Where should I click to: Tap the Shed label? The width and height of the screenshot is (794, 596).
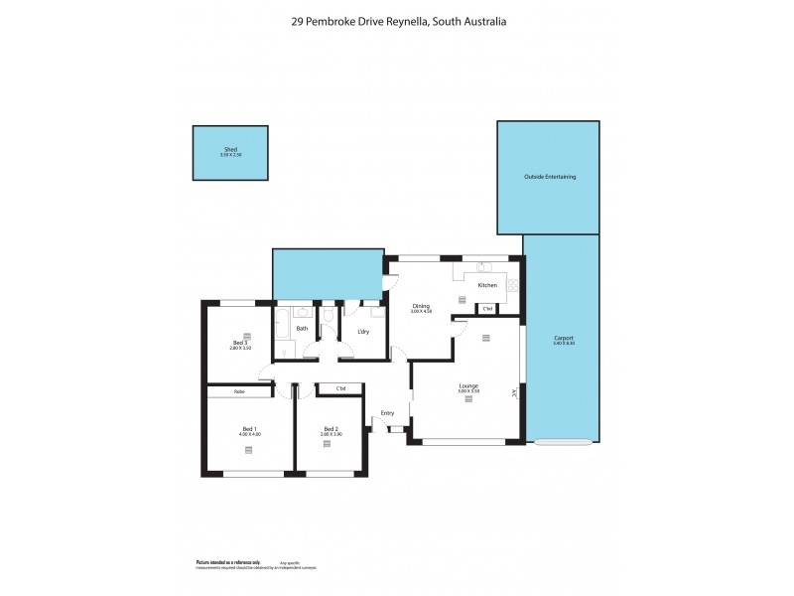(230, 150)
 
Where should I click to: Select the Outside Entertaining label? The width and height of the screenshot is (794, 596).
(549, 177)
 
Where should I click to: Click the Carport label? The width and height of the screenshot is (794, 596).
(563, 339)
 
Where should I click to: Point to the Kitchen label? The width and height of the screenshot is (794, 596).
(487, 285)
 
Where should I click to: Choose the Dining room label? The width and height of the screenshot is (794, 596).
(422, 306)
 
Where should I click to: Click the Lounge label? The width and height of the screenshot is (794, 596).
(468, 385)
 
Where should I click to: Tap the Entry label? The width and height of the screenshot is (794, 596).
(387, 413)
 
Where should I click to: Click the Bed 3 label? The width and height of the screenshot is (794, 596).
(239, 343)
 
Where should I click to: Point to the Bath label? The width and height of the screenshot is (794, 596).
(302, 328)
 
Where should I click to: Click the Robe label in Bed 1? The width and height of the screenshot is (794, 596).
(239, 391)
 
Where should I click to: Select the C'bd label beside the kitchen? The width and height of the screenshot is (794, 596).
(487, 309)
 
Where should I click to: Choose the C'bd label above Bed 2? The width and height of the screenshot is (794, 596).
(340, 387)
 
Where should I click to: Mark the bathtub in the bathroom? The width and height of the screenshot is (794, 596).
(282, 324)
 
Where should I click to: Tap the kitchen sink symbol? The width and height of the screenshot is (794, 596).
(481, 267)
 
